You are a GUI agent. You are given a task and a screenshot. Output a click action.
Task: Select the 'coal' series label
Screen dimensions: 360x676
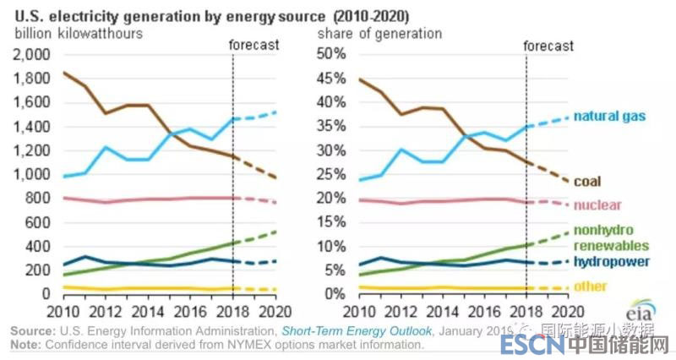pyautogui.click(x=589, y=181)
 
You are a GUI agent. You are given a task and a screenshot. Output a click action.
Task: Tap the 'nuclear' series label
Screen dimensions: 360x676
pyautogui.click(x=597, y=205)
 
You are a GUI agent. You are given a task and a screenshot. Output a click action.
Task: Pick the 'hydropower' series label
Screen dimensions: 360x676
pyautogui.click(x=612, y=261)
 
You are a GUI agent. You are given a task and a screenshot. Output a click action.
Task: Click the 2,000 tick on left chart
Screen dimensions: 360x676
pyautogui.click(x=31, y=54)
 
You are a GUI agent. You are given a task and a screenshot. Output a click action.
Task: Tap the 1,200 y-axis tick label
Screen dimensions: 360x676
pyautogui.click(x=31, y=150)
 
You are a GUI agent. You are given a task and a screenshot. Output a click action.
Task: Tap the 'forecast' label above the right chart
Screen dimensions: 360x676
pyautogui.click(x=548, y=46)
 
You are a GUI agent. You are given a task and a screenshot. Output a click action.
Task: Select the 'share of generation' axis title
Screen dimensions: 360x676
pyautogui.click(x=379, y=34)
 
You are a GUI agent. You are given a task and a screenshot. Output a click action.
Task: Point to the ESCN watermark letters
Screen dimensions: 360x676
pyautogui.click(x=530, y=345)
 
